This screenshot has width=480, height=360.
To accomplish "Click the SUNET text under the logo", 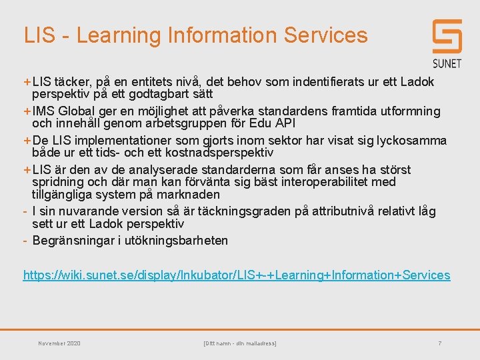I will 447,63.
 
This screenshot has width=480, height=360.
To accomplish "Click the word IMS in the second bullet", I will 45,111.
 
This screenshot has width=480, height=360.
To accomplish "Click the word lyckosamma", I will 411,141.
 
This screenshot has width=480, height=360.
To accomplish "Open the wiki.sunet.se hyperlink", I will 237,275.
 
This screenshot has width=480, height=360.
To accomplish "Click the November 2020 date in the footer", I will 59,343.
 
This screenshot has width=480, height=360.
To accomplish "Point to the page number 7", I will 440,343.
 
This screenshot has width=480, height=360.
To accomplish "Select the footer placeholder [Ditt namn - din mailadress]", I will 239,343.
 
